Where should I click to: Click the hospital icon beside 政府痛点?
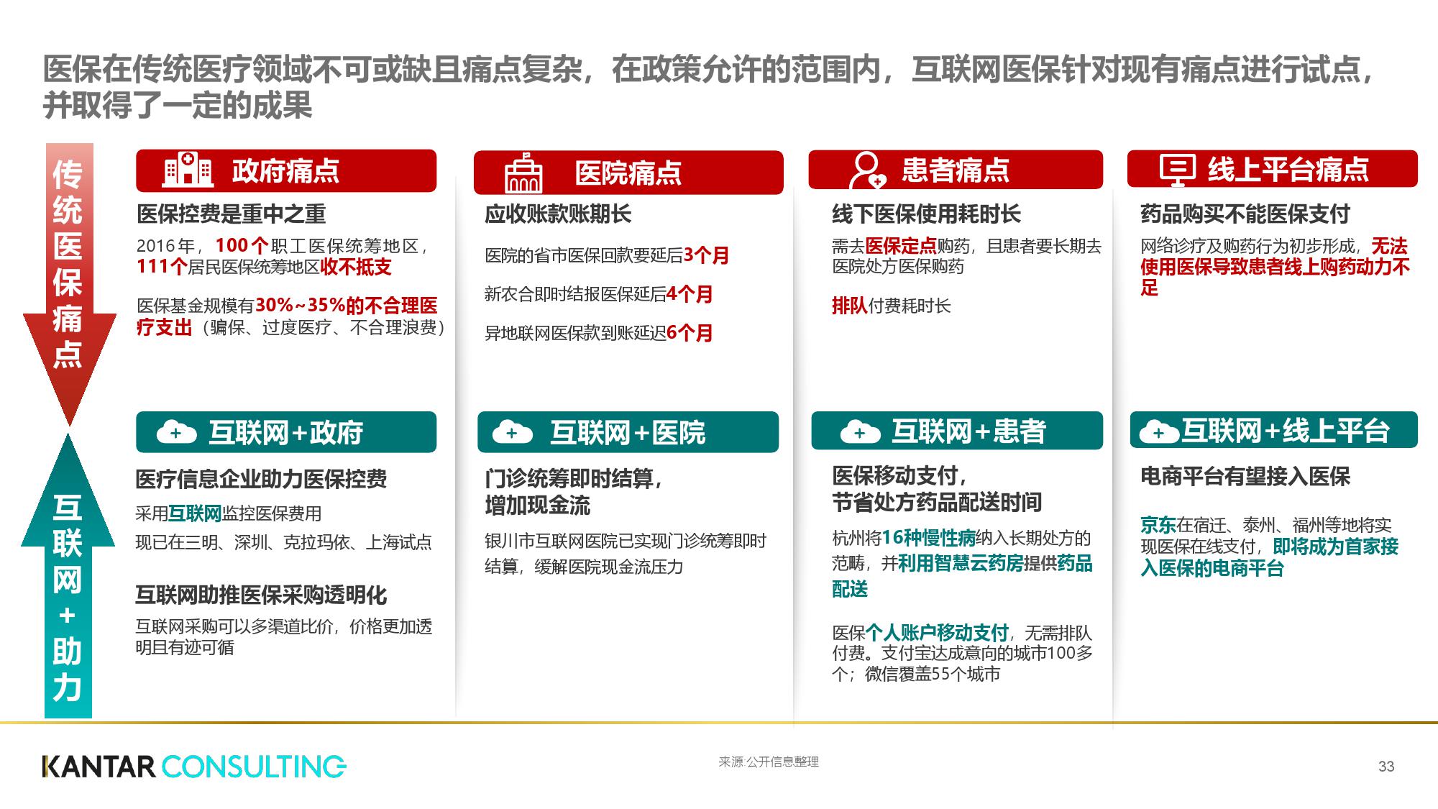188,170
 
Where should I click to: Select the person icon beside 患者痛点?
866,170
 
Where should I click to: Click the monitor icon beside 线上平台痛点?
1177,170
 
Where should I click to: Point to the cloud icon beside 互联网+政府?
176,432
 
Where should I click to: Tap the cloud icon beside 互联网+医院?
512,432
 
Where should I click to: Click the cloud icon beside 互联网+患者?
860,431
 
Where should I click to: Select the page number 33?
1386,767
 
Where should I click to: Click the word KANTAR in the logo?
99,767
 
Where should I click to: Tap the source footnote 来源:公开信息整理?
768,762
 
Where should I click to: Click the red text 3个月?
706,255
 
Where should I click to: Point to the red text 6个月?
689,333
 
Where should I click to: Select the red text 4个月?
689,294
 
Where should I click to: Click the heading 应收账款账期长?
558,214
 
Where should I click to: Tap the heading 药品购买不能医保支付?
1245,214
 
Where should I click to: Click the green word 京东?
1158,525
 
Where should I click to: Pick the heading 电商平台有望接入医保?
1245,476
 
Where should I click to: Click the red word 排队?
849,306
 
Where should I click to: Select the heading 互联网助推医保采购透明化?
261,595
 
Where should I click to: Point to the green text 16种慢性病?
928,538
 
